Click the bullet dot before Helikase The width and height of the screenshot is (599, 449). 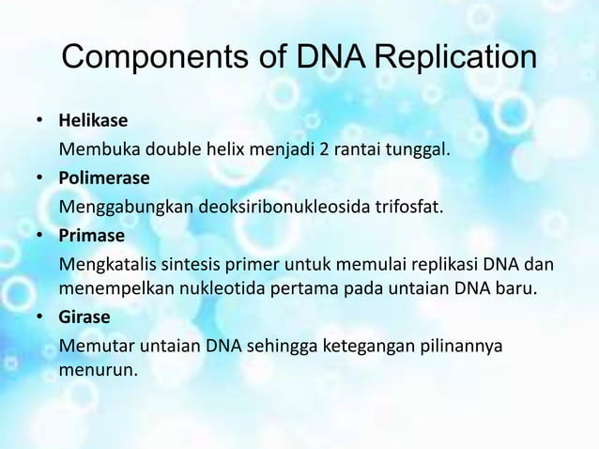(x=40, y=122)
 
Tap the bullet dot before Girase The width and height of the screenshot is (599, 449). (x=40, y=316)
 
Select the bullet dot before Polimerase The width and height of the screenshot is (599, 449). (x=40, y=177)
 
